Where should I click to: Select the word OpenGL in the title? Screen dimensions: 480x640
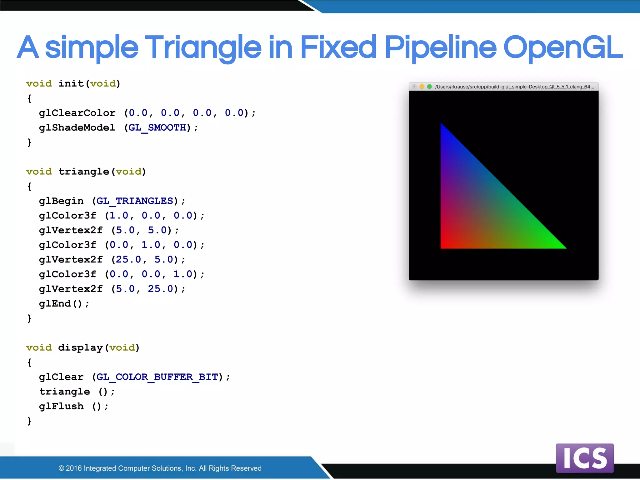pos(562,47)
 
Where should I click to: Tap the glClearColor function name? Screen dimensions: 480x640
pos(77,113)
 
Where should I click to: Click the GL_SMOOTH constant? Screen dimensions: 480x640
pos(157,127)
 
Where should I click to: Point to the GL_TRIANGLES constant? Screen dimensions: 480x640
pos(135,201)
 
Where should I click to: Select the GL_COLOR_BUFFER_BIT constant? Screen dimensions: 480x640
pos(157,377)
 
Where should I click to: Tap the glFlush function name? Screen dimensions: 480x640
pos(61,406)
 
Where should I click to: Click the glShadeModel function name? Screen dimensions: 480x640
pos(77,127)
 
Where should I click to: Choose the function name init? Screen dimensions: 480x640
pos(71,83)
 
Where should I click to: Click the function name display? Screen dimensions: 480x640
pos(80,347)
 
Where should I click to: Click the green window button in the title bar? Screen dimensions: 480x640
pos(429,87)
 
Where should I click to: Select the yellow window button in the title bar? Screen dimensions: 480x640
pos(422,87)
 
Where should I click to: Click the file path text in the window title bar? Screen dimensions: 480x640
pos(514,87)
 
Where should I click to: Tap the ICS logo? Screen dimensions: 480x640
pos(585,458)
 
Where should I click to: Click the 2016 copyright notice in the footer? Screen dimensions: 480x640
pos(160,468)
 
